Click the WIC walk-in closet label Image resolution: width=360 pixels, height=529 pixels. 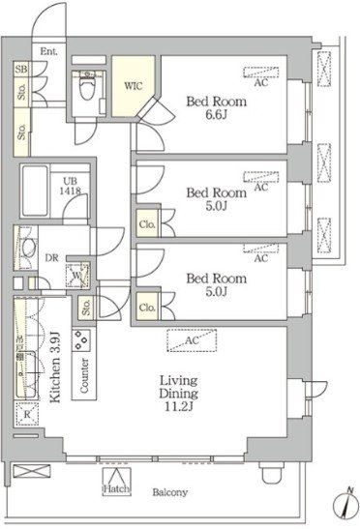click(133, 86)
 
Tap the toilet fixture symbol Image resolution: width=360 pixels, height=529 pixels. click(87, 87)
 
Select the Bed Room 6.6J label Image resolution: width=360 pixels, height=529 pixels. click(217, 108)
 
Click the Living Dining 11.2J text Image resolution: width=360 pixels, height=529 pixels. click(179, 394)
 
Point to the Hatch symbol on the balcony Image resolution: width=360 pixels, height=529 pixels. click(116, 482)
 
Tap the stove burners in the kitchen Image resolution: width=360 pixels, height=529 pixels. click(81, 340)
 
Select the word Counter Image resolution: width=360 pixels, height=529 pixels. click(84, 375)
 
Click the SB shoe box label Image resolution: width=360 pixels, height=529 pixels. click(21, 70)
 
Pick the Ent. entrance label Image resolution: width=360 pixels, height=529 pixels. click(49, 51)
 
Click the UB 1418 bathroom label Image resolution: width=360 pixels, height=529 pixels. click(71, 186)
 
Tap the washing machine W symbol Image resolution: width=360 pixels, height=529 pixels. click(77, 275)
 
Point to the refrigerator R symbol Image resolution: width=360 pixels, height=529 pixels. click(27, 415)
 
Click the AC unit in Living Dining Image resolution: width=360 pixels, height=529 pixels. click(192, 340)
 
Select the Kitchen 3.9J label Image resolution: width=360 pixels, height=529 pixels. click(55, 367)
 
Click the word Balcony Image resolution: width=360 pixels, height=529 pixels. click(169, 492)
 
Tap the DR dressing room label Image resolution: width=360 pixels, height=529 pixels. click(51, 258)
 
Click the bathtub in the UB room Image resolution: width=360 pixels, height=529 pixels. click(35, 191)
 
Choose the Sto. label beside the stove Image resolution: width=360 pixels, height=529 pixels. click(86, 308)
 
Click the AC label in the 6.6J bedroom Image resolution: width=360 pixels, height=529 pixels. click(260, 82)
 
